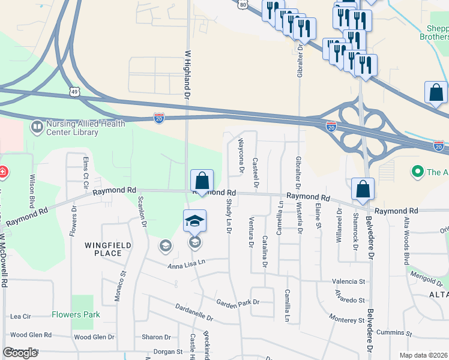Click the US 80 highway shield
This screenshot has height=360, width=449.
[241, 4]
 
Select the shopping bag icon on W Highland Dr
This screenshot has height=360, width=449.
[202, 181]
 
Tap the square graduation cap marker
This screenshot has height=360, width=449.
[194, 221]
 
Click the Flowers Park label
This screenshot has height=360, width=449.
[76, 314]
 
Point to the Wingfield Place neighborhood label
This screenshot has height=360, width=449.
[103, 249]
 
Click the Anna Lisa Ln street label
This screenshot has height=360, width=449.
[186, 262]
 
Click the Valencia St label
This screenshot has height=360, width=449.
[348, 281]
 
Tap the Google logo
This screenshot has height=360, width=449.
[20, 353]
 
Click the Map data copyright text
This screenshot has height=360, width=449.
[423, 355]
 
